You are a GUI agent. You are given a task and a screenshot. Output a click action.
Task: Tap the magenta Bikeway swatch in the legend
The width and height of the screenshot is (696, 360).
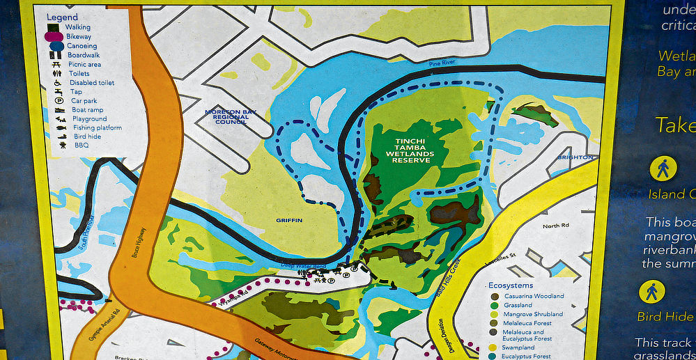pyautogui.click(x=56, y=36)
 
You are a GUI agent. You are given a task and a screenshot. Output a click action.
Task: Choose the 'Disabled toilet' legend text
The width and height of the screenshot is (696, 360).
pyautogui.click(x=92, y=83)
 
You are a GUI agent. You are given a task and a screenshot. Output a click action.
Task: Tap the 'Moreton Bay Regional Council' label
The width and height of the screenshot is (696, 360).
pyautogui.click(x=226, y=117)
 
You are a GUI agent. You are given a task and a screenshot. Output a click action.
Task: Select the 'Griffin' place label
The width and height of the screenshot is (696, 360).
pyautogui.click(x=288, y=220)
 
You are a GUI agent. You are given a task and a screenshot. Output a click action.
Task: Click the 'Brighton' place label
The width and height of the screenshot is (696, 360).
pyautogui.click(x=575, y=157)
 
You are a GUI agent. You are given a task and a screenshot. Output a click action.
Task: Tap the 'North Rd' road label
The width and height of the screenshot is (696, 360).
pyautogui.click(x=555, y=226)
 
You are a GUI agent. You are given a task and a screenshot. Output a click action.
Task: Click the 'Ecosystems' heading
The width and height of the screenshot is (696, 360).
pyautogui.click(x=511, y=285)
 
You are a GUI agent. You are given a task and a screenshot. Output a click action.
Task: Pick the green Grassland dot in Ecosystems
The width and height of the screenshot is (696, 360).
pyautogui.click(x=495, y=305)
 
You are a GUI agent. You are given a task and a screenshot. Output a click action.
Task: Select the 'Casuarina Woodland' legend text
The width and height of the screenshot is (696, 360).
pyautogui.click(x=534, y=296)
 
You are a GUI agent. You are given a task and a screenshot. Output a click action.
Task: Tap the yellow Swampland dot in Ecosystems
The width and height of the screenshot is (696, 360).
pyautogui.click(x=495, y=347)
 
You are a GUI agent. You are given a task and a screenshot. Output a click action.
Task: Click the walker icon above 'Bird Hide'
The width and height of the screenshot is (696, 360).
pyautogui.click(x=652, y=291)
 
